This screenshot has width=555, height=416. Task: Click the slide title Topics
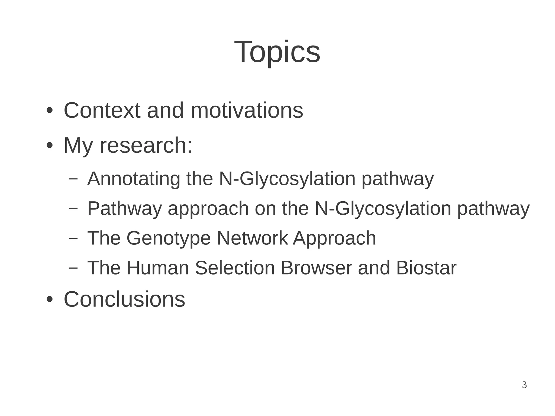coord(277,52)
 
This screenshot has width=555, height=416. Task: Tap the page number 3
coord(524,385)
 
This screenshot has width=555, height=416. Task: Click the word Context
coord(102,111)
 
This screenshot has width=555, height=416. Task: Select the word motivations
coord(247,111)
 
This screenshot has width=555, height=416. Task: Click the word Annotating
coord(134,179)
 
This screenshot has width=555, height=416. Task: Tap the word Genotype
coord(169,238)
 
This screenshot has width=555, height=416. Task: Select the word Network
coord(252,238)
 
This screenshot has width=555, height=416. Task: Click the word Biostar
coord(426,268)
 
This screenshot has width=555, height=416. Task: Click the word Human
coord(157,268)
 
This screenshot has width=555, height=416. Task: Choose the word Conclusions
coord(124,299)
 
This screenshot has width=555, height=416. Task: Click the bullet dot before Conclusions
coord(49,300)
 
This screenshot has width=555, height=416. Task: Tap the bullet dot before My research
coord(49,146)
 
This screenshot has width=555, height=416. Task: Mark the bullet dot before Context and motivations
coord(49,111)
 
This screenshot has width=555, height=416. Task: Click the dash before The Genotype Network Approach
coord(73,238)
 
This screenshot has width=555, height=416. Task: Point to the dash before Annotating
coord(73,178)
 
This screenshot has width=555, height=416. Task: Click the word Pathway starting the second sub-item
coord(124,209)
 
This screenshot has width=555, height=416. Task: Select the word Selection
coord(235,268)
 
